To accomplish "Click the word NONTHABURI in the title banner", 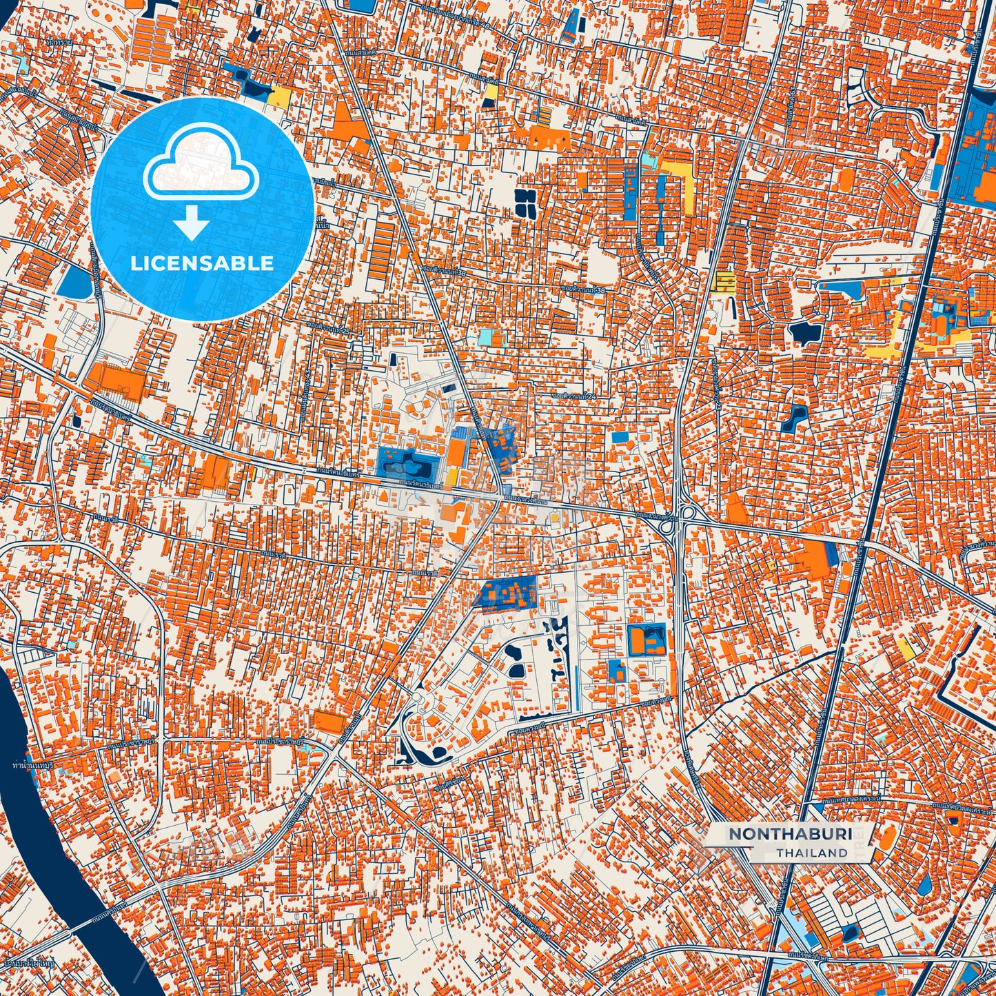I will pyautogui.click(x=790, y=834).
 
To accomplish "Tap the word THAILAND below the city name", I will pyautogui.click(x=811, y=853).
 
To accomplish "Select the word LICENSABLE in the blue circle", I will pyautogui.click(x=202, y=263).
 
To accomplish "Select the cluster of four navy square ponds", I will pyautogui.click(x=526, y=202).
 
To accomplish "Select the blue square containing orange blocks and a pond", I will pyautogui.click(x=647, y=640).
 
